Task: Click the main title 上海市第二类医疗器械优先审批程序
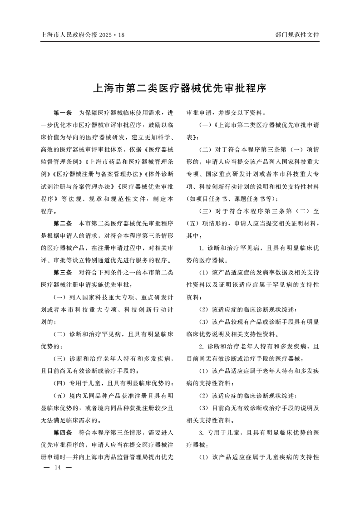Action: pyautogui.click(x=179, y=88)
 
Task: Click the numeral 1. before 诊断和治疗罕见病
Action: pyautogui.click(x=202, y=248)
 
